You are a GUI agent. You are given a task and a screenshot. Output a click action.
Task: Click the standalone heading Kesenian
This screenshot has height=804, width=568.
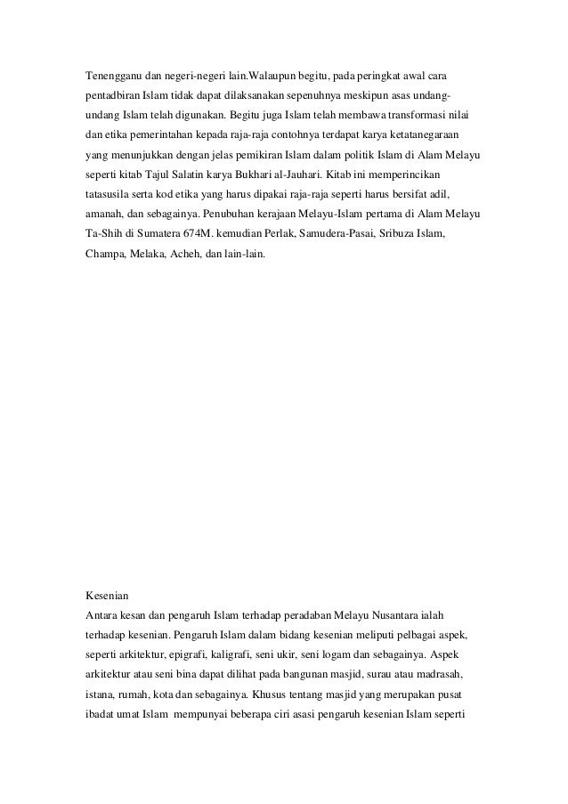106,592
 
